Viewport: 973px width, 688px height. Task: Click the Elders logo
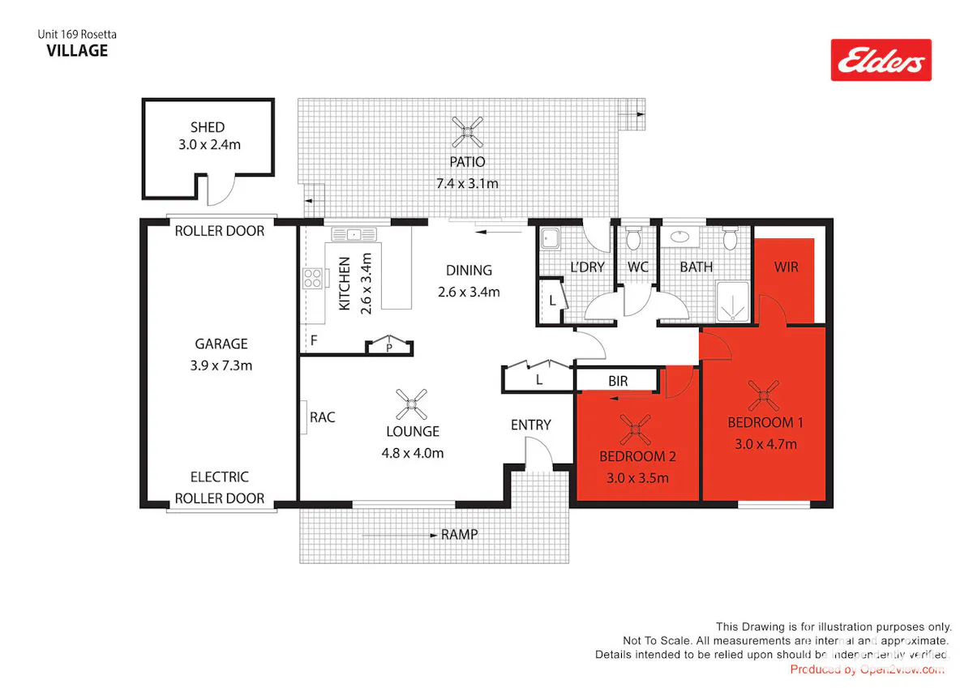881,60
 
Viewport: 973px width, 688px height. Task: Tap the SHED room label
208,127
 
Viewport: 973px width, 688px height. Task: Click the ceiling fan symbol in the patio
467,131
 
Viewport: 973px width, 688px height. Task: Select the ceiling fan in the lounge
411,404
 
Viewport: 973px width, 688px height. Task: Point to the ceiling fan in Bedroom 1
764,395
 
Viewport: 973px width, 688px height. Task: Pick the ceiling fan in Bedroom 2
636,429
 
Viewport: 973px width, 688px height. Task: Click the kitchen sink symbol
354,234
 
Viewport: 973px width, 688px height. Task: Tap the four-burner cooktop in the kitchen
313,278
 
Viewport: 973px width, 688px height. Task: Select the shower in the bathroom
733,301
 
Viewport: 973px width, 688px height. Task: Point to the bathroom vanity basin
679,237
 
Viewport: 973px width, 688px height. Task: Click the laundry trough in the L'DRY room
550,238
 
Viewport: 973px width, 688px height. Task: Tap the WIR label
787,267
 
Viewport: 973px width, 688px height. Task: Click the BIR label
618,381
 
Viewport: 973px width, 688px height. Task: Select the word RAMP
459,534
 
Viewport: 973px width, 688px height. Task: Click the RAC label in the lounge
323,417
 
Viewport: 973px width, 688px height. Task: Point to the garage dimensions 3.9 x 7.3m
221,365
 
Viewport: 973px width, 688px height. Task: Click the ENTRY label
531,425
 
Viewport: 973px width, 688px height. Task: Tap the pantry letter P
389,348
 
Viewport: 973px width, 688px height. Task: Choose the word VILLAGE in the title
77,51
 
